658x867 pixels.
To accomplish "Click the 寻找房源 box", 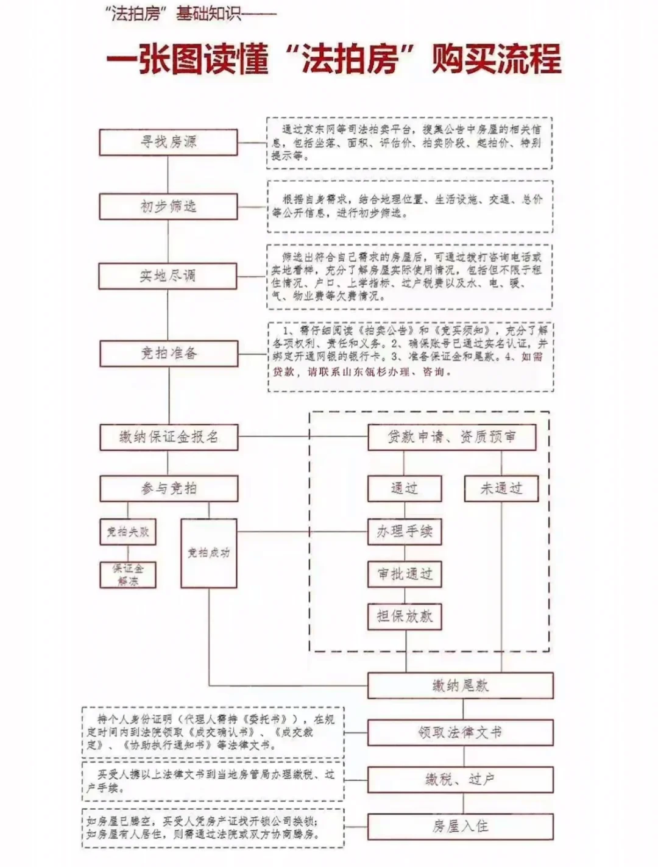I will coord(168,142).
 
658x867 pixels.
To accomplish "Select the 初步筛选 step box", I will coord(168,207).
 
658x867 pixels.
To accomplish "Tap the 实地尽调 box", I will coord(168,276).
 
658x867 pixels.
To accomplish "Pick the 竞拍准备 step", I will coord(168,353).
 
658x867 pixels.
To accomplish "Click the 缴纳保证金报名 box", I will coord(169,437).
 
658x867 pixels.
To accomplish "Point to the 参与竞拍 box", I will coord(169,488).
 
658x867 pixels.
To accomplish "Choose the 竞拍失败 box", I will coord(127,532).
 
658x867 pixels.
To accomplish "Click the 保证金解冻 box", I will coord(127,575).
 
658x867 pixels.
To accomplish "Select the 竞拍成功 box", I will coord(208,553).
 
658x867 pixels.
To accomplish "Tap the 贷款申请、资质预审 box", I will coord(451,437).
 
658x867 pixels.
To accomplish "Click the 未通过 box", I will coord(501,488).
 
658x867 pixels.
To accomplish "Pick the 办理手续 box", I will coord(404,532).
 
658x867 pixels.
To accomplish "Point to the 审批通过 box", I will coord(404,574).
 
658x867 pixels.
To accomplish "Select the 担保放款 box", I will coord(404,616).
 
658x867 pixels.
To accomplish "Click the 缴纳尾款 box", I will coord(460,685).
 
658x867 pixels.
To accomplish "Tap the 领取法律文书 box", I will coord(460,732).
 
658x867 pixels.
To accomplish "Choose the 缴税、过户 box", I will coord(460,779).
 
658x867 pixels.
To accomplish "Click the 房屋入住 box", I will coord(460,826).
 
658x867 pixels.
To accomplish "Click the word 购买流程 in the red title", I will coord(496,59).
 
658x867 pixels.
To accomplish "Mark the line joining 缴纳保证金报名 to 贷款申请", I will coord(303,437).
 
